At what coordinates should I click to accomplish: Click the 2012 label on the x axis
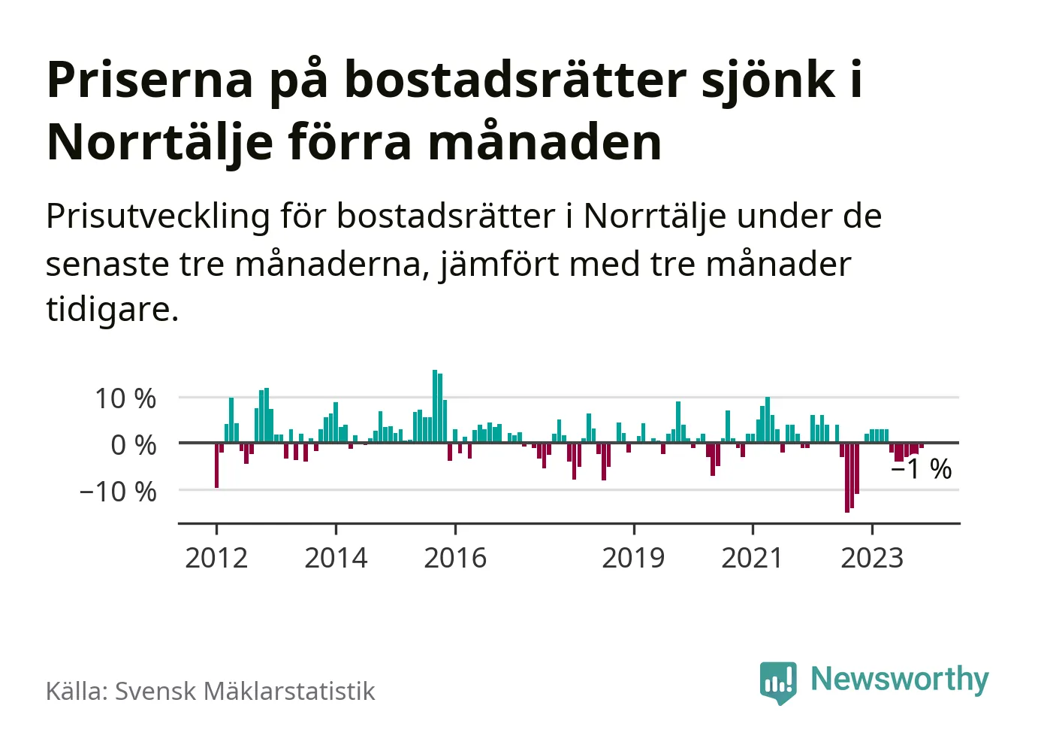[x=216, y=558]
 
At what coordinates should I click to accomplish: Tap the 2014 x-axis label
[x=336, y=558]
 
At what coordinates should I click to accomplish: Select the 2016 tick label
[x=455, y=558]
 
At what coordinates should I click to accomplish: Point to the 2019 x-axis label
[x=633, y=558]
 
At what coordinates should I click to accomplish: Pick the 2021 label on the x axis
[x=752, y=558]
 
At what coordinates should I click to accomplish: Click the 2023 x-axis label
[x=871, y=558]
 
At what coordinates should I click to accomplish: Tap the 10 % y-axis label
[x=125, y=398]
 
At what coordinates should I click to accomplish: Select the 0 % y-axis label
[x=134, y=445]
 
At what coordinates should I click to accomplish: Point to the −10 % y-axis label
[x=118, y=492]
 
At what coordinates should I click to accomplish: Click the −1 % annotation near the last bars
[x=922, y=469]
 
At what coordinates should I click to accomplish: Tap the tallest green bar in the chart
[x=435, y=406]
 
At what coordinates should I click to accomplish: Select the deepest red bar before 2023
[x=847, y=477]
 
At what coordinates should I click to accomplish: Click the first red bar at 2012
[x=217, y=465]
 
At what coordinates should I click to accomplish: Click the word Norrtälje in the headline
[x=159, y=141]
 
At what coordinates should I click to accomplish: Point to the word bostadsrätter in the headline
[x=515, y=79]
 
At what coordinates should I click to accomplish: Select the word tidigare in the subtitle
[x=111, y=308]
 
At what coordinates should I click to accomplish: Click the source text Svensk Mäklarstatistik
[x=245, y=691]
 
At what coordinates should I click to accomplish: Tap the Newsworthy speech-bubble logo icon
[x=777, y=681]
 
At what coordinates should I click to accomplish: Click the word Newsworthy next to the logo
[x=899, y=679]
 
